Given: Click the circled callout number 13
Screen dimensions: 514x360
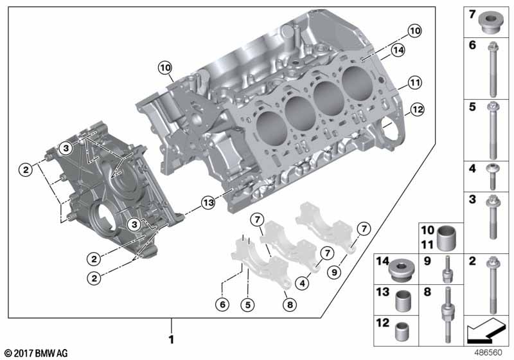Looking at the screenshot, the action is click(208, 203).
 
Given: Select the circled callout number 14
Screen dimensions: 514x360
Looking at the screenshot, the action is click(398, 50).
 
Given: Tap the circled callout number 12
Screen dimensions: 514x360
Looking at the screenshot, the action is click(417, 109).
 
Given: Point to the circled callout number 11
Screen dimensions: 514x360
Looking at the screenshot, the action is click(415, 83).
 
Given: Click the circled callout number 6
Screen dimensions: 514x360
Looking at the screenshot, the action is click(222, 305).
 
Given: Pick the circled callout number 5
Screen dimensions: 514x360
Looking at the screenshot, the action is click(248, 305).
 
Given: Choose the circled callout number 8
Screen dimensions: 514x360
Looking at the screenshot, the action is click(290, 305).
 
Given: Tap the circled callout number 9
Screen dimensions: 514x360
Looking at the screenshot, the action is click(334, 272).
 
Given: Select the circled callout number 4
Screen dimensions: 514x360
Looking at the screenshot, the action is click(302, 283).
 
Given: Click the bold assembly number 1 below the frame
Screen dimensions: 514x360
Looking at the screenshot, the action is click(171, 339).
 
